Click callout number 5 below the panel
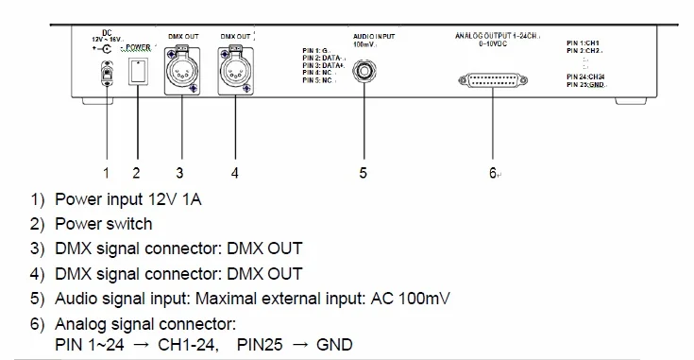point(363,173)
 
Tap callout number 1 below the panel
point(107,173)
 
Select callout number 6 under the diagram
point(493,173)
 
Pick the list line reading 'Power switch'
point(103,224)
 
